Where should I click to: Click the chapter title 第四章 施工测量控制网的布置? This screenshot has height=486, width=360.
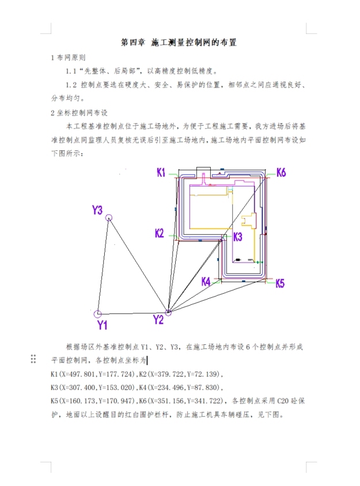(x=179, y=43)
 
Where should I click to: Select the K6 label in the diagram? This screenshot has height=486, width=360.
(x=281, y=172)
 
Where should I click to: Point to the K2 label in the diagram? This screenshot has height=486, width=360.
(x=160, y=233)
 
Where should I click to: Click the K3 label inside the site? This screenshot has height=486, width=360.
(x=237, y=237)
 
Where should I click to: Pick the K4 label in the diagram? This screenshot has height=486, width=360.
(x=206, y=282)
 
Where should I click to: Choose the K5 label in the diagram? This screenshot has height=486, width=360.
(x=279, y=283)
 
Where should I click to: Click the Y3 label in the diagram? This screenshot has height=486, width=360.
(x=97, y=210)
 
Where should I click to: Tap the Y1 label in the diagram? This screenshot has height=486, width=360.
(x=102, y=325)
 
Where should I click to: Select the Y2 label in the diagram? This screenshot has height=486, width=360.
(x=158, y=320)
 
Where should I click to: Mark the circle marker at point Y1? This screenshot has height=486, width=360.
(x=97, y=314)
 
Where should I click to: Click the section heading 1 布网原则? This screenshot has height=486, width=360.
(x=69, y=58)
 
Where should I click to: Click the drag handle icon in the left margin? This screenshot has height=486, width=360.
(x=33, y=359)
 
